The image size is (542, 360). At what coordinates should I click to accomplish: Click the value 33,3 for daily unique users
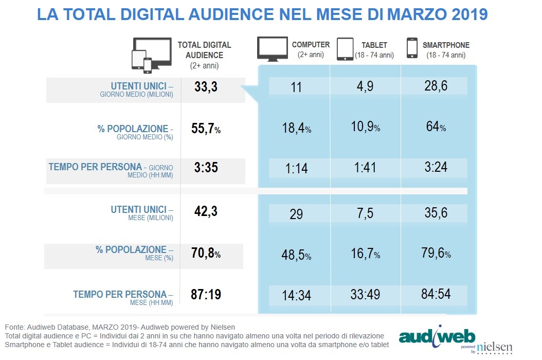click(206, 86)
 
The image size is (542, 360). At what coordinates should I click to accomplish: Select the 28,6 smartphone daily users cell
click(436, 86)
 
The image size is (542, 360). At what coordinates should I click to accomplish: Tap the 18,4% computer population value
click(297, 128)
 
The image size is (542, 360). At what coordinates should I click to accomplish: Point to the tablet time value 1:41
click(365, 167)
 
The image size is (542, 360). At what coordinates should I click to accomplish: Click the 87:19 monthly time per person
click(206, 294)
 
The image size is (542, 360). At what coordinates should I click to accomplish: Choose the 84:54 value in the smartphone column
click(436, 294)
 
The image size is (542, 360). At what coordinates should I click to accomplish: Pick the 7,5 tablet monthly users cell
click(365, 213)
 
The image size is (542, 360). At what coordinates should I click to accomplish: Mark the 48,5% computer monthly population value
click(296, 255)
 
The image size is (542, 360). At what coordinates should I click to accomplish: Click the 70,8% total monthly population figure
click(206, 253)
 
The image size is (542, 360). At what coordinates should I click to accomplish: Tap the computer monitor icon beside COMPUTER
click(273, 49)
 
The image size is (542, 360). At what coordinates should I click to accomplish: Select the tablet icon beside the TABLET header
click(345, 49)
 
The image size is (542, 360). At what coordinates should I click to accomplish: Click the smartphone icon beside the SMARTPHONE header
click(412, 48)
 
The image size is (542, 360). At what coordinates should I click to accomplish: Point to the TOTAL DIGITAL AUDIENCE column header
click(204, 55)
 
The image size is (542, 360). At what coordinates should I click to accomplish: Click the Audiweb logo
click(437, 336)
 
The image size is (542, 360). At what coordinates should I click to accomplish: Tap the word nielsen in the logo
click(495, 347)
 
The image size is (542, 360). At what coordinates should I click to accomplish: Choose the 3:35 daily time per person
click(206, 167)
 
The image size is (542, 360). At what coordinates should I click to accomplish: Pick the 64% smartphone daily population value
click(436, 127)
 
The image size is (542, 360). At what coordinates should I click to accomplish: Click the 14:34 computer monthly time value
click(296, 295)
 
